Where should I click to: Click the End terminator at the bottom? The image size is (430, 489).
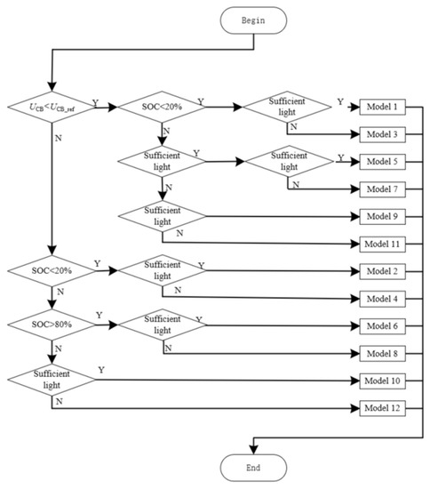(x=255, y=467)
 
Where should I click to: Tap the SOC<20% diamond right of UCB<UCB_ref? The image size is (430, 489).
(x=163, y=108)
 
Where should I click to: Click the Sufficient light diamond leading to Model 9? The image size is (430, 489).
(x=163, y=216)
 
